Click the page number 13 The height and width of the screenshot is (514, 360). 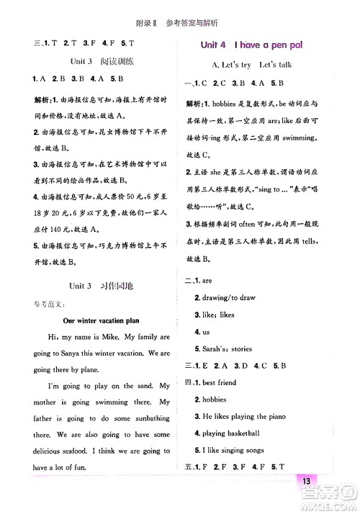(306, 482)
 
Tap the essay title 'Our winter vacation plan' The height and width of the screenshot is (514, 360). (101, 320)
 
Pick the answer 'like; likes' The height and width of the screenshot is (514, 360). (220, 315)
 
